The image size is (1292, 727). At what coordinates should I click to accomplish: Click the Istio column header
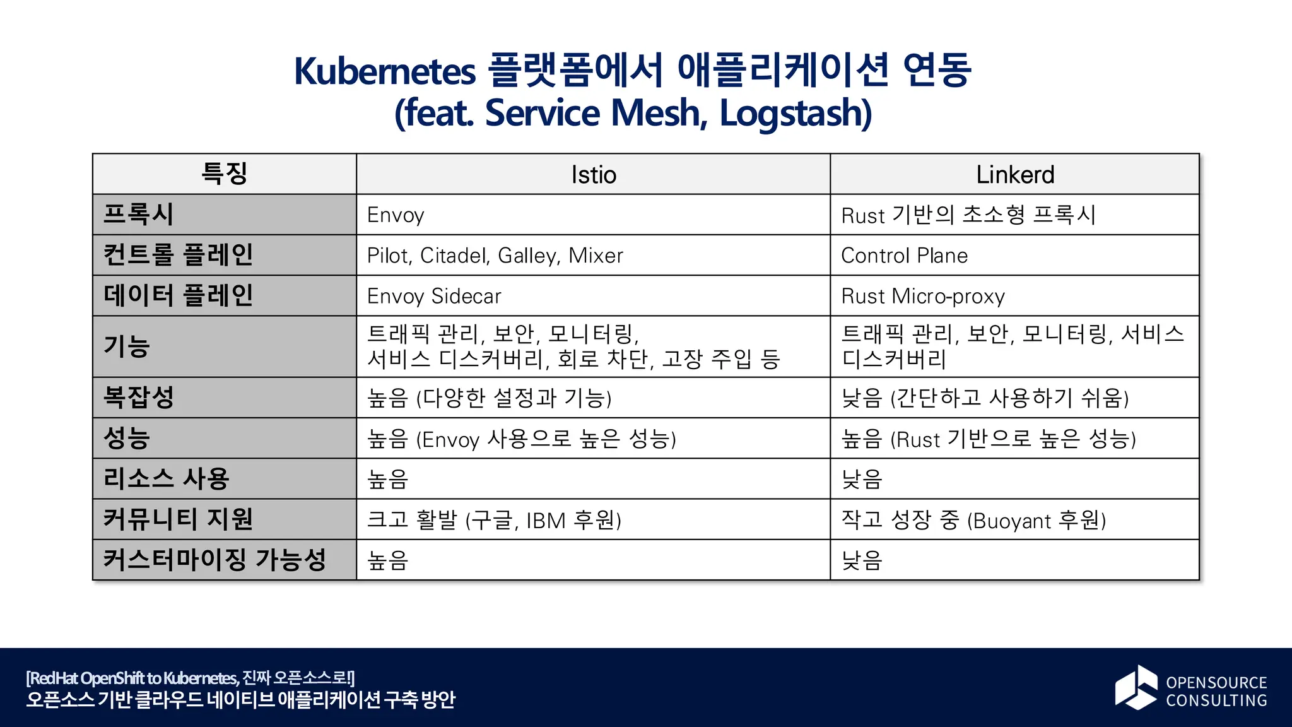593,175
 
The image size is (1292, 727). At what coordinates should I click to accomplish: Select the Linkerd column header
1014,175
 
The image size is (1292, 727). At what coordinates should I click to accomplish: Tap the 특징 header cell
225,174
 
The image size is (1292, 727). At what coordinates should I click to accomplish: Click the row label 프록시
138,215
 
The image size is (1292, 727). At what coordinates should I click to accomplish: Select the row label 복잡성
138,398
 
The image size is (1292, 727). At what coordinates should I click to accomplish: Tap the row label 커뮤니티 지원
178,519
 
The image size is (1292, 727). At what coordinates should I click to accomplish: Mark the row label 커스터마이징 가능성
214,560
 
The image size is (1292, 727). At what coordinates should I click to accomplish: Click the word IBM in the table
546,521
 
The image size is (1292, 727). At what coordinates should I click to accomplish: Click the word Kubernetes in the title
385,71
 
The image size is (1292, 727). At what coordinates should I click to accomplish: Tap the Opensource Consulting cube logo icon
1136,687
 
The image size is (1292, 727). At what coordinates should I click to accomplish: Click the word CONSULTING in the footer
1216,700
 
